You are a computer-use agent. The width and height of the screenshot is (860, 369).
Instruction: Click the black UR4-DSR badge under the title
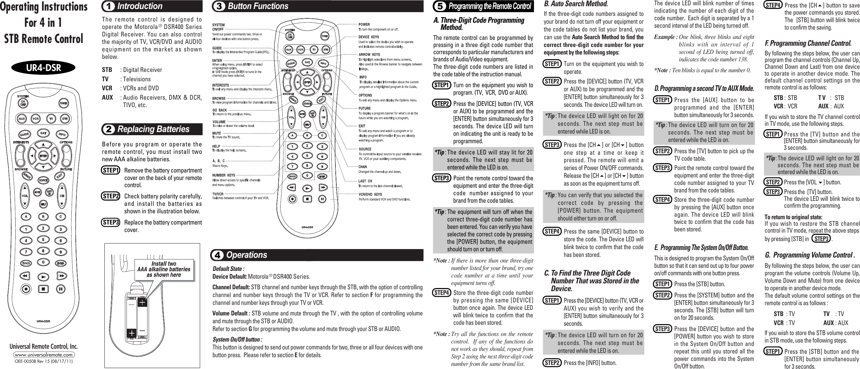pos(43,68)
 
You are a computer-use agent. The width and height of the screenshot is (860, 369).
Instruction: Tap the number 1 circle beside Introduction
pos(108,6)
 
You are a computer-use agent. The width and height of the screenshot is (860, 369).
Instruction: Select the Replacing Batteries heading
pos(153,129)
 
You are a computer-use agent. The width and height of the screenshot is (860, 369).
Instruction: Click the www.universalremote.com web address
pos(44,355)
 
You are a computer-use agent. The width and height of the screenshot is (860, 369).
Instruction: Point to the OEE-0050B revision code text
pos(44,361)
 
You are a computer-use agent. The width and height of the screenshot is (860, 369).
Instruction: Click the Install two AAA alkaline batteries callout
pos(164,269)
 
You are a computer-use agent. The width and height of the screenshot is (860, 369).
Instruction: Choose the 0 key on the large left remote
pos(43,262)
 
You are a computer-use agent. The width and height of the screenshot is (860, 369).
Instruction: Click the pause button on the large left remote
pos(61,289)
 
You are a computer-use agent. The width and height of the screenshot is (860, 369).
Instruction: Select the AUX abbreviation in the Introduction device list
pos(108,97)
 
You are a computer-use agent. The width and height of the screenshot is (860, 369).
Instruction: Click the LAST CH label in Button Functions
pos(365,181)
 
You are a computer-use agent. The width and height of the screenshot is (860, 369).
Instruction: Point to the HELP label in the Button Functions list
pos(216,146)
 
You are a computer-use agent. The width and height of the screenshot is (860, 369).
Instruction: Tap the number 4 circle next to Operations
pos(217,255)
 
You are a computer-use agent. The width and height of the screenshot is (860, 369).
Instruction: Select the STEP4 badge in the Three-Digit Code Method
pos(441,293)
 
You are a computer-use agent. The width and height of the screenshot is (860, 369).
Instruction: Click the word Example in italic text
pos(665,37)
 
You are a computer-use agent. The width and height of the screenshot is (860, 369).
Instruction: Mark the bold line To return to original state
pos(793,217)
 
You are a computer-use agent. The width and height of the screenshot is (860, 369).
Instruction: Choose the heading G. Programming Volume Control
pos(810,255)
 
